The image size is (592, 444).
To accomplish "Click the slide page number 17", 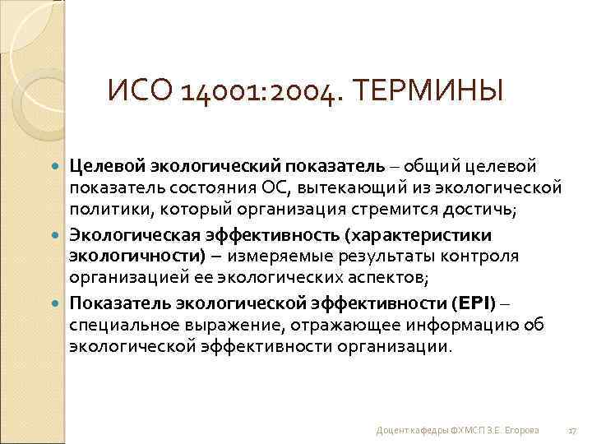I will [571, 430].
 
